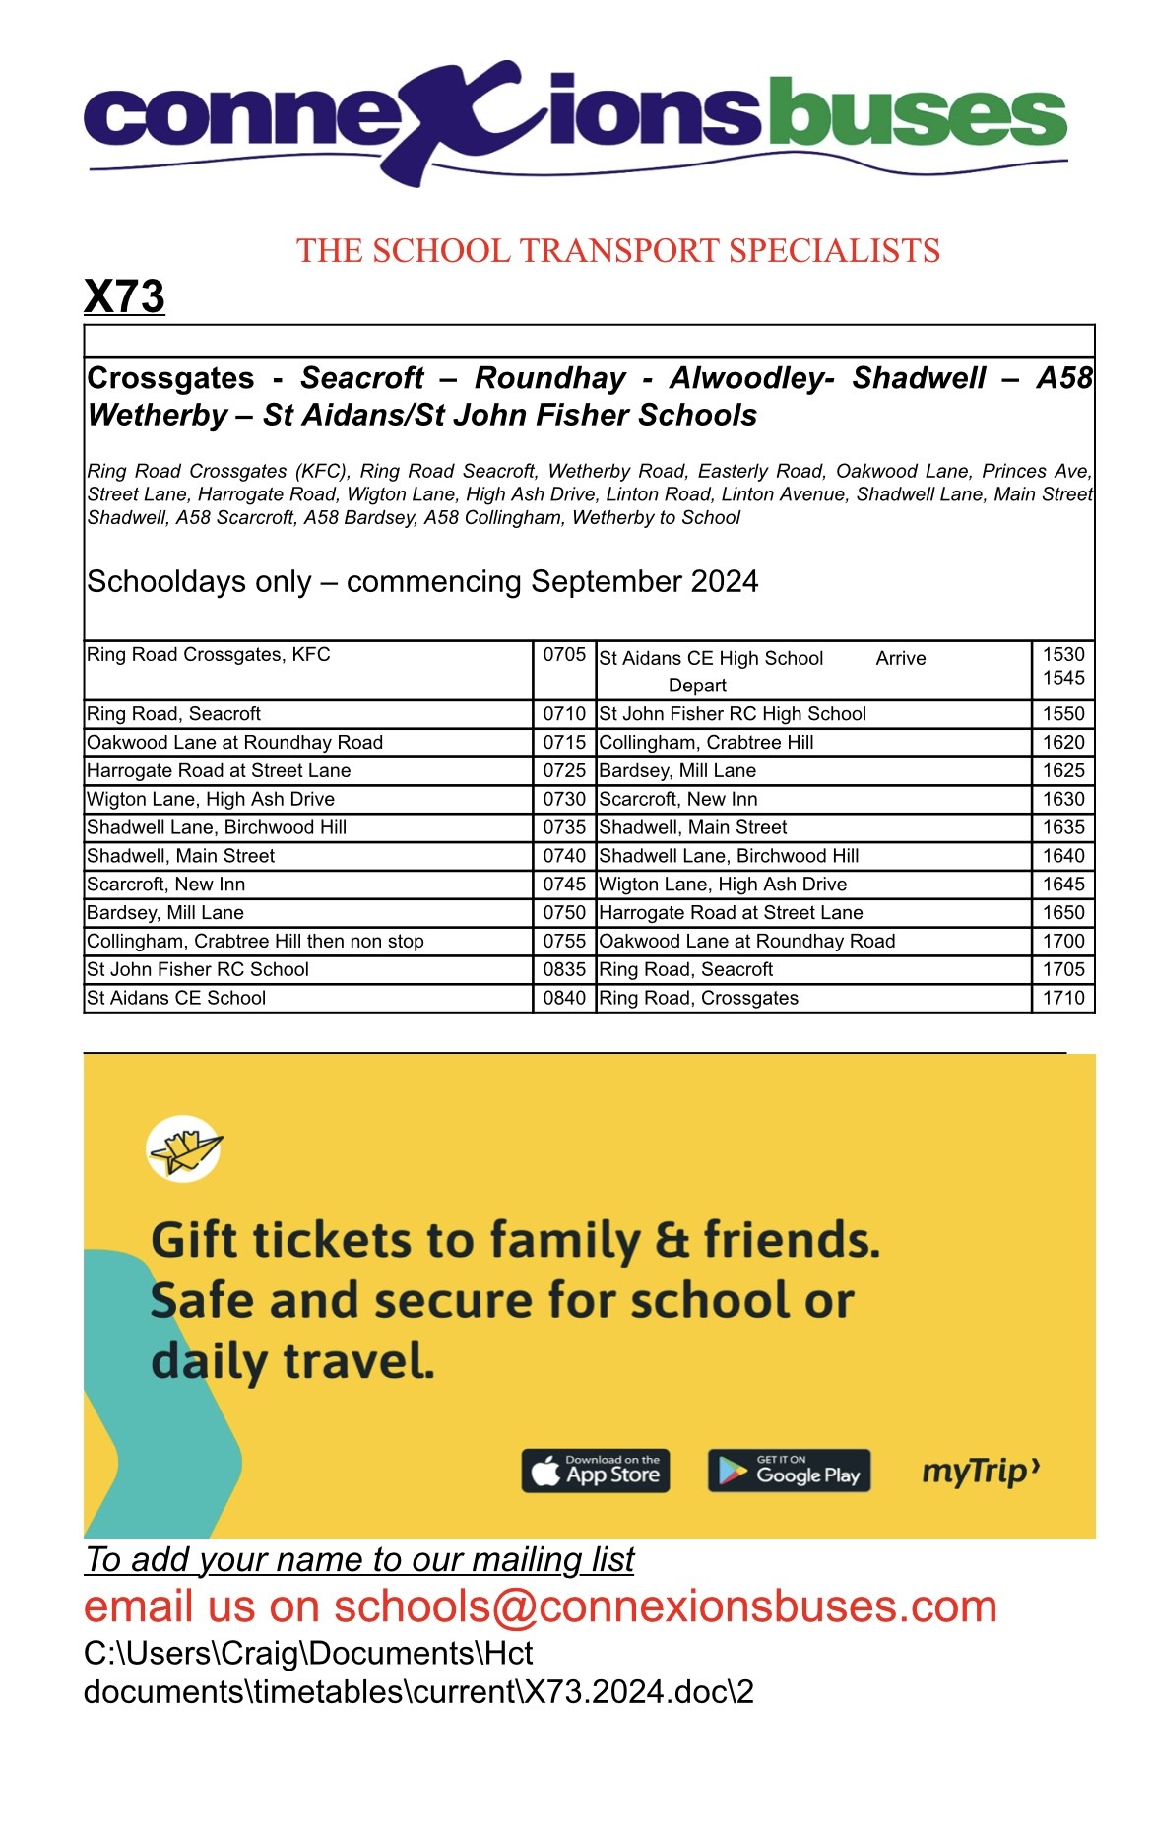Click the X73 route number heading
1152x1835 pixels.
point(124,296)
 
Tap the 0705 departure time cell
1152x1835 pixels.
point(564,655)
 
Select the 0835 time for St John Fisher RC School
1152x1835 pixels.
point(564,970)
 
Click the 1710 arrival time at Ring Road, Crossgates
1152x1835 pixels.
point(1063,998)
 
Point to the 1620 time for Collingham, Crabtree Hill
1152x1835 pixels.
point(1063,743)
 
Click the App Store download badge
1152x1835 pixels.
point(596,1472)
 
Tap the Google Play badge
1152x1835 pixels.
point(790,1472)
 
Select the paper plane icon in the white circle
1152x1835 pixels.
point(184,1148)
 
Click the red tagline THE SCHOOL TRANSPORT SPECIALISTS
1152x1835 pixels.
point(618,251)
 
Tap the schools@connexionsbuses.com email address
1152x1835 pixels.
point(666,1606)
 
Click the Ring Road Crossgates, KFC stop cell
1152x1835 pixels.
point(209,655)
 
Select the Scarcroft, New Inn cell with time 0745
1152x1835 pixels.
point(166,885)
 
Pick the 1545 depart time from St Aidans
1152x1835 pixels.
point(1063,679)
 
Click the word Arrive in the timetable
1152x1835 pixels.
point(901,659)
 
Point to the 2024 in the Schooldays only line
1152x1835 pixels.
point(724,582)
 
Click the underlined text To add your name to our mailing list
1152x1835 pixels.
point(359,1560)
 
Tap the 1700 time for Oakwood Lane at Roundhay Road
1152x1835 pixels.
point(1063,942)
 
